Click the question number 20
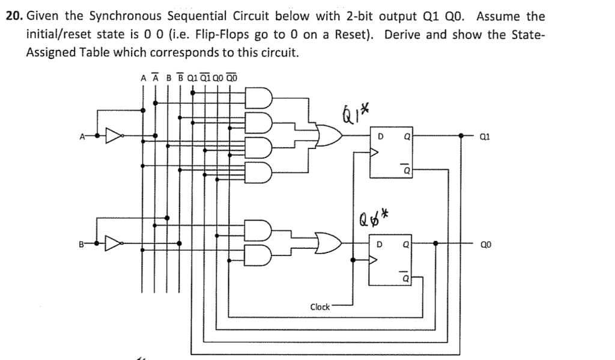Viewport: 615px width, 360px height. (13, 16)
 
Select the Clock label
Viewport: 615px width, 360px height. (320, 307)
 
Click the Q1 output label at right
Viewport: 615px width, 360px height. (486, 136)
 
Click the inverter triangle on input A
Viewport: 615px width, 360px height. (112, 136)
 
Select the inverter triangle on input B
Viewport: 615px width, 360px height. (112, 244)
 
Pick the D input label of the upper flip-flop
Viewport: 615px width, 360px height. (381, 136)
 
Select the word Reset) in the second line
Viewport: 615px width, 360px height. (357, 34)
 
